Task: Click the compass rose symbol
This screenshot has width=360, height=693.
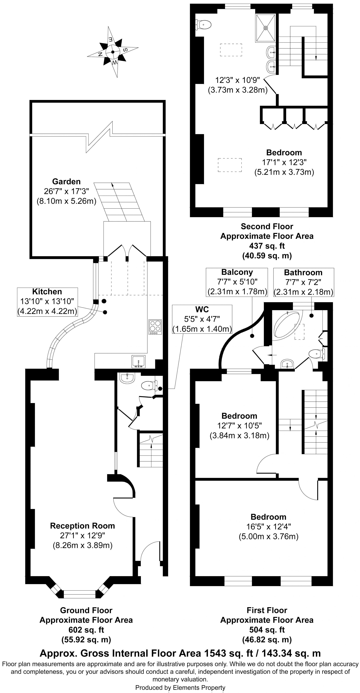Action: point(113,52)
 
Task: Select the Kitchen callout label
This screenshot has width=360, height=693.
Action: point(47,302)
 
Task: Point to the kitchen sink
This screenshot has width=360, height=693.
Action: point(138,362)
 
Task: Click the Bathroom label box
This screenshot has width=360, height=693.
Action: point(303,282)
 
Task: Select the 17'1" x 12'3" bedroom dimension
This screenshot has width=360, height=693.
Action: point(284,162)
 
